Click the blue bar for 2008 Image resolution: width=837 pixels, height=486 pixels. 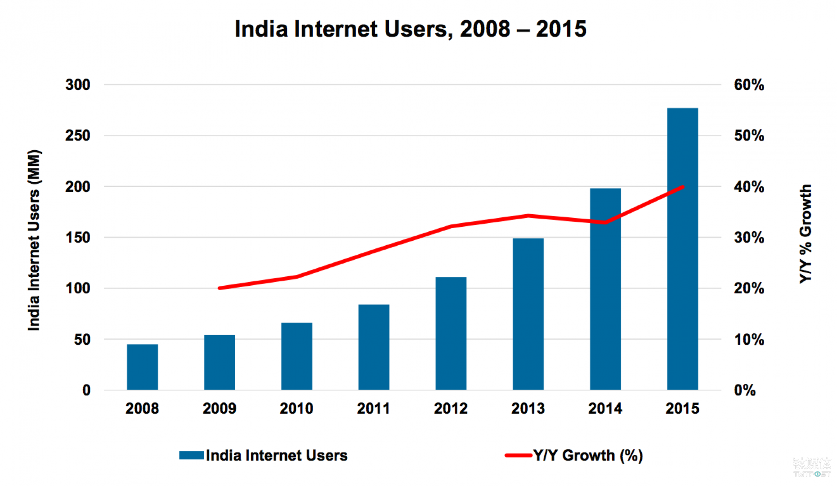(x=142, y=367)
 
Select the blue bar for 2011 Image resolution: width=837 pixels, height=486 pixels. (x=374, y=347)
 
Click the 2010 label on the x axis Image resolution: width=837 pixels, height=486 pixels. (x=296, y=409)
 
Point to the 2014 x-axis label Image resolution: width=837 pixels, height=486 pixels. (x=605, y=409)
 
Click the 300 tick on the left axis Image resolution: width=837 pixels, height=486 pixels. (x=78, y=85)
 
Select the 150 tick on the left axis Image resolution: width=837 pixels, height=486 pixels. (x=78, y=237)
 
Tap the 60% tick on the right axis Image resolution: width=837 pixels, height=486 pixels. (x=749, y=85)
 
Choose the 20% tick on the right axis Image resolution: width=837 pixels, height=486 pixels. (x=749, y=288)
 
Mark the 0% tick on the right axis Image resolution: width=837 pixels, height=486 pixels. (x=745, y=390)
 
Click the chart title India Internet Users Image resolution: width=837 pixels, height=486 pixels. (x=410, y=29)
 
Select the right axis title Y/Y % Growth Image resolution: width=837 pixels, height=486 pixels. (x=806, y=234)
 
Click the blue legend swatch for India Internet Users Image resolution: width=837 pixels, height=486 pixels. (x=192, y=455)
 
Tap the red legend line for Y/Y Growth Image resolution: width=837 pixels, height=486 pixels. (x=519, y=455)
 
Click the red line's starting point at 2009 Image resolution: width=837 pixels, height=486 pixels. (x=219, y=288)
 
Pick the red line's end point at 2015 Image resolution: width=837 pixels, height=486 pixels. (x=683, y=187)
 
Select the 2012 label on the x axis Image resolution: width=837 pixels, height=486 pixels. (x=451, y=409)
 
